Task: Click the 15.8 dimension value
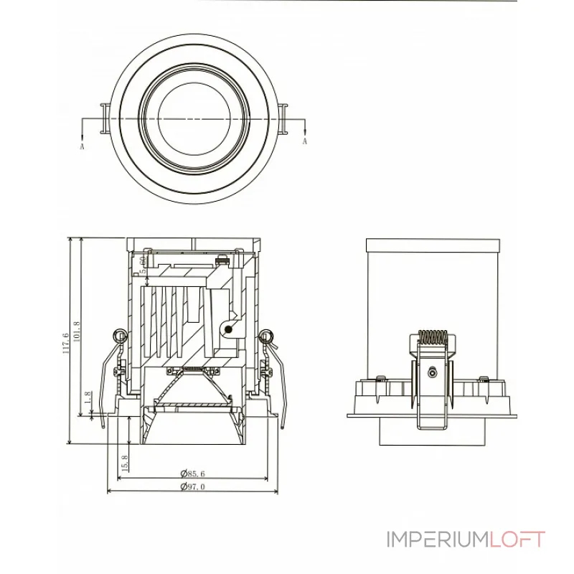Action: click(x=124, y=464)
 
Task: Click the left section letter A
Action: click(x=83, y=146)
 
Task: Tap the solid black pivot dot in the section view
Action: click(x=228, y=328)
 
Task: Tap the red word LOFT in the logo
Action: click(x=519, y=540)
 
